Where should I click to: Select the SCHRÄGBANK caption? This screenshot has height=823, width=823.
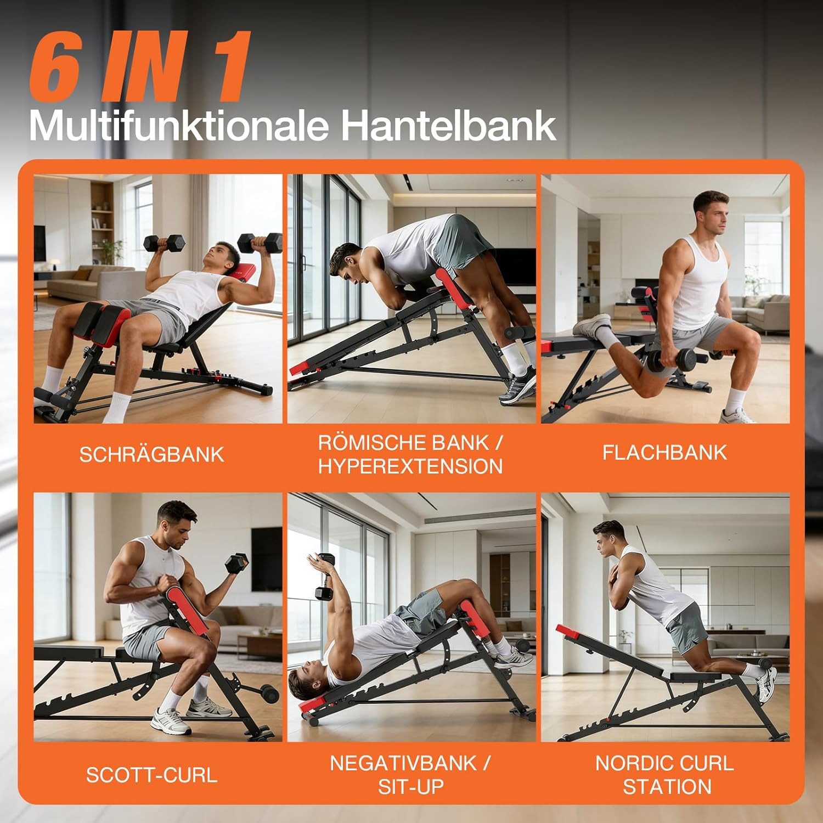[152, 455]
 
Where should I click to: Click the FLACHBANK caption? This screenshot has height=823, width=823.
[664, 453]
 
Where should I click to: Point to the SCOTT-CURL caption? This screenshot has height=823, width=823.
[152, 775]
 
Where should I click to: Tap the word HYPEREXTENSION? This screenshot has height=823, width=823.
[410, 467]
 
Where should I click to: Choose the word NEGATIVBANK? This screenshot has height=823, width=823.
[403, 763]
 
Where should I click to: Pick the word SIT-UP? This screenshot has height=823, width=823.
[410, 787]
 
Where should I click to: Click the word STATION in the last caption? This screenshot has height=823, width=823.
[667, 787]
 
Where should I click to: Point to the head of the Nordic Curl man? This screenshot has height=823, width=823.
[607, 537]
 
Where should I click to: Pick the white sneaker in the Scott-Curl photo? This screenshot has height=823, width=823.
[171, 720]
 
